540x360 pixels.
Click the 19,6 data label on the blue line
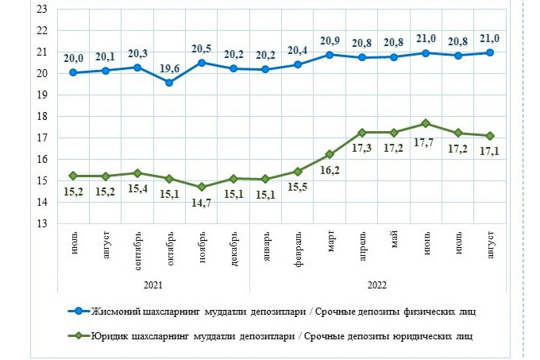click(x=168, y=68)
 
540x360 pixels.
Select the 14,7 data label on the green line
click(x=202, y=203)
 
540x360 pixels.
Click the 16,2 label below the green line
click(x=330, y=169)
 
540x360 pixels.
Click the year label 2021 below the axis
click(x=153, y=283)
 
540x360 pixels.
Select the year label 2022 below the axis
click(x=378, y=283)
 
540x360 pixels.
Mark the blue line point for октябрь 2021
click(x=169, y=83)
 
